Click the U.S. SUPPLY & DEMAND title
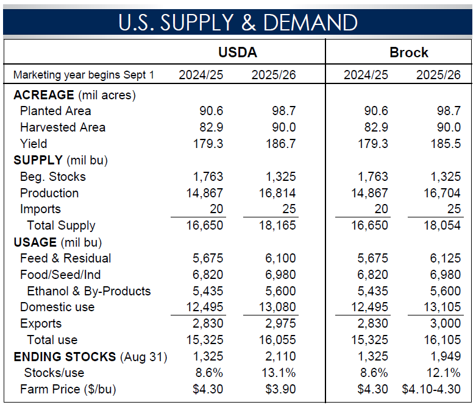pos(238,23)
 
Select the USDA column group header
pos(237,52)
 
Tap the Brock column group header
pos(409,52)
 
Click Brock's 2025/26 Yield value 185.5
pos(444,144)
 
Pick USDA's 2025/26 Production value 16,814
pos(279,193)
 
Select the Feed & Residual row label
pos(65,258)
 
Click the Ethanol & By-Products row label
pos(88,291)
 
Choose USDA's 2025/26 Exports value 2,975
pos(280,323)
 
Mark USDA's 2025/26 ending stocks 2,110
pos(280,356)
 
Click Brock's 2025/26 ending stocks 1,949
pos(445,356)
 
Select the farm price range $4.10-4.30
pos(432,389)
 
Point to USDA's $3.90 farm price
pos(280,389)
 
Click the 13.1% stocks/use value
pos(280,373)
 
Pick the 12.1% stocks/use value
pos(445,373)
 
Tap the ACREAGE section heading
pos(43,95)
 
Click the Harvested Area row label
pos(62,127)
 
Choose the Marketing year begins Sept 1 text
pos(83,76)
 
